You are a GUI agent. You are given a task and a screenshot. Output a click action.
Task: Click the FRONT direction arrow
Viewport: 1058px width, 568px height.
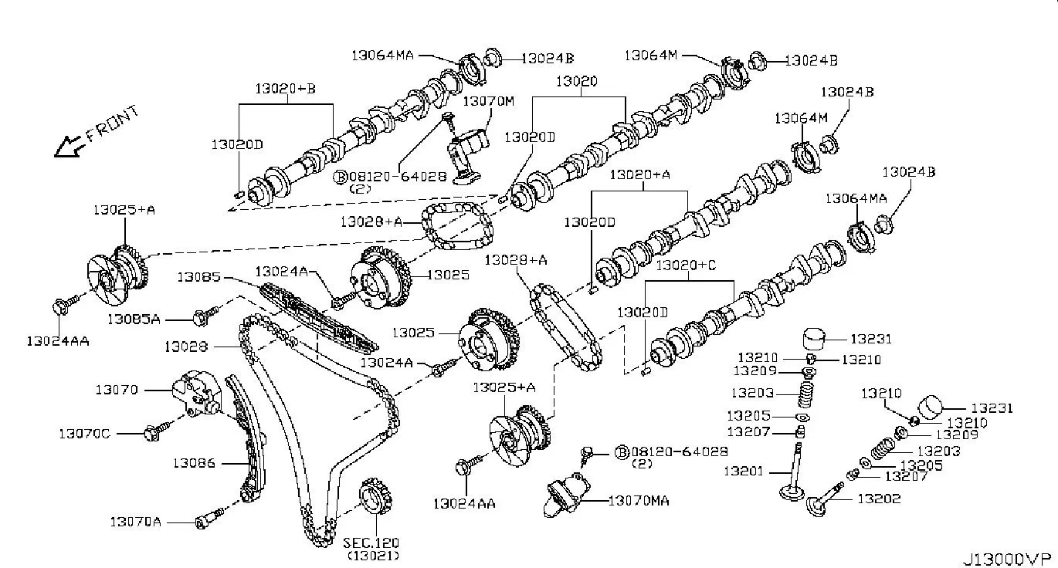point(69,144)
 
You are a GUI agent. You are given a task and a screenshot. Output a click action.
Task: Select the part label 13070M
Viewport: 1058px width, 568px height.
point(488,101)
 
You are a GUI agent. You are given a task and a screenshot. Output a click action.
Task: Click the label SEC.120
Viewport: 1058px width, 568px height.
point(371,543)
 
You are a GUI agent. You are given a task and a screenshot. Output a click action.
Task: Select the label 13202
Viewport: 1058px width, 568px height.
point(879,499)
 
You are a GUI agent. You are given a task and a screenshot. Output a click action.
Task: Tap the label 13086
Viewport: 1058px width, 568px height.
point(194,463)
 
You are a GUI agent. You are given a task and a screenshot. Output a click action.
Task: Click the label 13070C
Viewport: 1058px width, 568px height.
point(84,434)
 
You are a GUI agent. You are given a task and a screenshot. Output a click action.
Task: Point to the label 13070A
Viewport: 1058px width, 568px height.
point(135,522)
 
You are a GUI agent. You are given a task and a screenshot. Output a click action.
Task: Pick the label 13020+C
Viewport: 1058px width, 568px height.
point(686,265)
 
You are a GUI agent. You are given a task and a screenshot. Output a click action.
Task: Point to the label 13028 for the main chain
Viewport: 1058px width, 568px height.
point(185,347)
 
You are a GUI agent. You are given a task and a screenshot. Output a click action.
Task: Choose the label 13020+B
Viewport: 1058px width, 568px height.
point(286,89)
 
